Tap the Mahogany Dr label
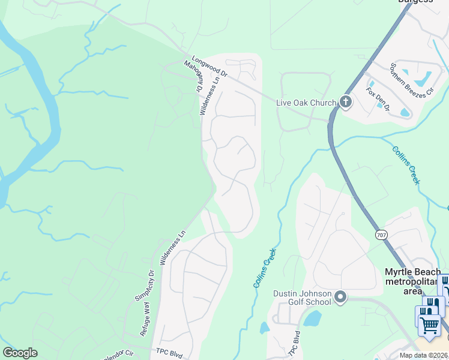[x=194, y=76]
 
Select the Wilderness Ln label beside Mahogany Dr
[x=210, y=95]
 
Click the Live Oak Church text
[x=306, y=103]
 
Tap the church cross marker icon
[x=346, y=102]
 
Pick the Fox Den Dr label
[x=378, y=100]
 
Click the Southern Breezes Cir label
[x=411, y=80]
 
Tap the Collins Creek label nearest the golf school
[x=265, y=268]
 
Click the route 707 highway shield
[x=382, y=235]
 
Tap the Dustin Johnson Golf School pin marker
[x=341, y=297]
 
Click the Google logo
[x=20, y=353]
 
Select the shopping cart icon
[x=429, y=325]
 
